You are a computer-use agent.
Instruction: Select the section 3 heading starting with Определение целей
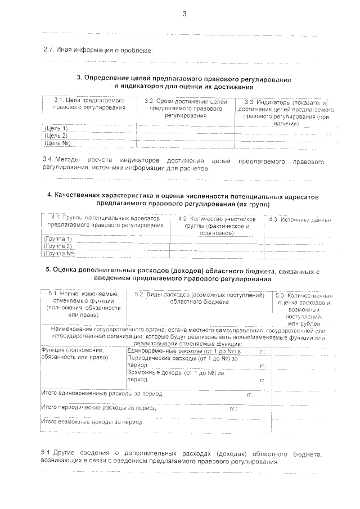click(183, 83)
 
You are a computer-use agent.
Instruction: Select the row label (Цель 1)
click(55, 129)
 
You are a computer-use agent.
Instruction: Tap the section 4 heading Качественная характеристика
click(183, 200)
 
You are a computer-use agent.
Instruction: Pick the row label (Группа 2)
click(58, 246)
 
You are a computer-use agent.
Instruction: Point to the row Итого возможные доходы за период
click(90, 421)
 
